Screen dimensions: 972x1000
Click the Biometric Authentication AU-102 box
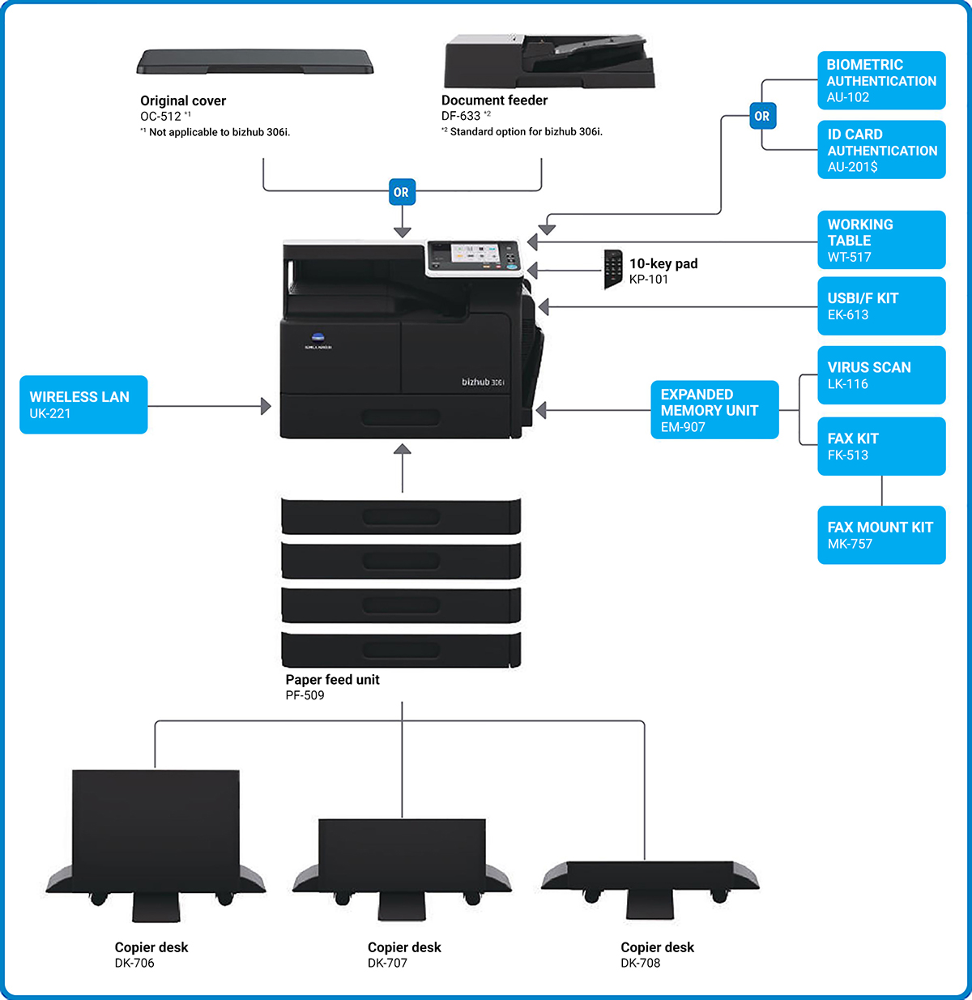(x=881, y=80)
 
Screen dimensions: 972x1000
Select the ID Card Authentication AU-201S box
(x=881, y=150)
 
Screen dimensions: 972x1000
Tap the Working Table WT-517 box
(x=881, y=240)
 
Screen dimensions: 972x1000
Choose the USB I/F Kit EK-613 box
(x=881, y=306)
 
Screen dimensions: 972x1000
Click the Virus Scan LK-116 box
(x=881, y=374)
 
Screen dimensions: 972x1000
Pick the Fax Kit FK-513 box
(x=881, y=446)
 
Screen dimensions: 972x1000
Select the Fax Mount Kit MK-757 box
(x=881, y=535)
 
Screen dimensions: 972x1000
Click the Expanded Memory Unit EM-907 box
(x=714, y=409)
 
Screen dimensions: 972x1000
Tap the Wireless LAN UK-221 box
(x=83, y=404)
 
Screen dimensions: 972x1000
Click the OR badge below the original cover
(x=402, y=192)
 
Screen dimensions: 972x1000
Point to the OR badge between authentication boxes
(x=762, y=116)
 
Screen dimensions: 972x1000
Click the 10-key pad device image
(x=613, y=269)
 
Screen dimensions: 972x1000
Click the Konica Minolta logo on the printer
(x=318, y=341)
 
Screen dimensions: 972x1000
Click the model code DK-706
(x=134, y=963)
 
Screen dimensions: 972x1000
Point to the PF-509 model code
(x=305, y=695)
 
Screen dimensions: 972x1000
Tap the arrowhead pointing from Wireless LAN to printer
(x=266, y=406)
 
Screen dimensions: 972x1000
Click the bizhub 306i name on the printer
(x=483, y=382)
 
